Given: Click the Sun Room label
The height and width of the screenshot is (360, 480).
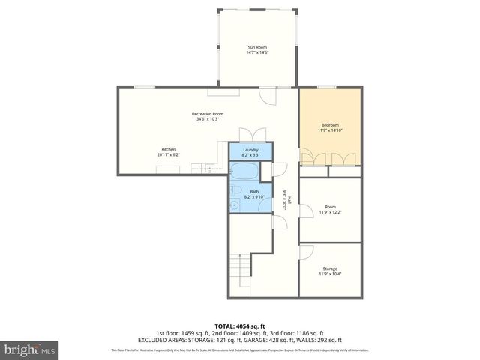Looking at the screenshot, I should [x=256, y=47].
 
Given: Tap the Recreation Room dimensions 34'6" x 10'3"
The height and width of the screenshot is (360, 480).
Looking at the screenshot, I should [x=207, y=119].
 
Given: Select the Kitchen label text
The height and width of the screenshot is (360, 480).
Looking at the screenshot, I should [x=169, y=149].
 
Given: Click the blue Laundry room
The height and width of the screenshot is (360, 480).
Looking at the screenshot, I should [x=250, y=152].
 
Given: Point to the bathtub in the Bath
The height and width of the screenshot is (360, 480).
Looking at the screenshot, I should [x=244, y=172].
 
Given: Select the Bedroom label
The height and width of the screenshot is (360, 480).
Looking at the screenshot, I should [x=330, y=125].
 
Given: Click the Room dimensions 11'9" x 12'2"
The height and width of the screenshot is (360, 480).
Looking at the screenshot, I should [x=330, y=212].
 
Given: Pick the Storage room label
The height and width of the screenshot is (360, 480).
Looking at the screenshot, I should [x=330, y=268].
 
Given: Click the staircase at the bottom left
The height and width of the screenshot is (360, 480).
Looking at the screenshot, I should [x=239, y=271].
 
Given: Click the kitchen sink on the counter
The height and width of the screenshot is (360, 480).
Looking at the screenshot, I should [x=210, y=169].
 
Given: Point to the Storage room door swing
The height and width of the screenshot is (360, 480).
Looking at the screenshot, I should [x=307, y=252].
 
